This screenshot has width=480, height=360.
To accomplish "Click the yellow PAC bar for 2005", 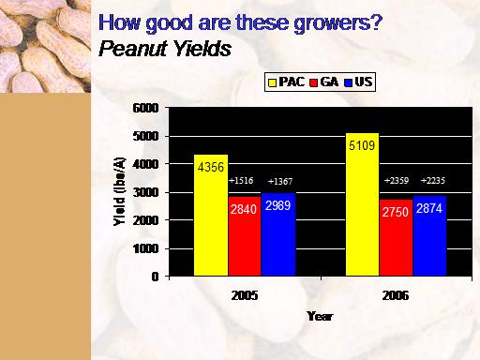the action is pyautogui.click(x=211, y=216).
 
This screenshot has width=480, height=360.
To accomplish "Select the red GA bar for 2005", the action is pyautogui.click(x=245, y=236).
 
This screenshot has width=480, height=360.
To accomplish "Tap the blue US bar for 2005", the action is pyautogui.click(x=278, y=234).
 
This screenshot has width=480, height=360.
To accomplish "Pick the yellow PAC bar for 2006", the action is pyautogui.click(x=363, y=204).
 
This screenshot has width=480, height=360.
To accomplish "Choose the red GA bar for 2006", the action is pyautogui.click(x=397, y=238).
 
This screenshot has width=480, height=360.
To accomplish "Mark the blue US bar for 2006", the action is pyautogui.click(x=429, y=236).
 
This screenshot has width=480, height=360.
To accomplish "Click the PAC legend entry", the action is pyautogui.click(x=286, y=82).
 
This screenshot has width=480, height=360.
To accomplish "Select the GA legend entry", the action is pyautogui.click(x=324, y=82).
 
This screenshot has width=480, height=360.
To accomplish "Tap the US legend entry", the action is pyautogui.click(x=358, y=82).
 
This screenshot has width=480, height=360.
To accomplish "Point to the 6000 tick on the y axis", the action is pyautogui.click(x=146, y=108).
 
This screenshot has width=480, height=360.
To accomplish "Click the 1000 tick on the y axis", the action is pyautogui.click(x=146, y=249).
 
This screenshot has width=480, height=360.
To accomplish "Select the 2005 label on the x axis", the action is pyautogui.click(x=245, y=295).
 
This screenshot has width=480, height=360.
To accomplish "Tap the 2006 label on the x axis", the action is pyautogui.click(x=396, y=295).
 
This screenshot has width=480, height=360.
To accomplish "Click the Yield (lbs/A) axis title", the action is pyautogui.click(x=119, y=191).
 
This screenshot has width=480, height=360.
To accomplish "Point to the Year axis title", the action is pyautogui.click(x=320, y=316).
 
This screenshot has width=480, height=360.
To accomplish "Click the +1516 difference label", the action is pyautogui.click(x=241, y=181).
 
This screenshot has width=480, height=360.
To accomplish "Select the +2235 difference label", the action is pyautogui.click(x=433, y=181).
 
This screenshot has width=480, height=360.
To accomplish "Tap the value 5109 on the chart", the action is pyautogui.click(x=362, y=145).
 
